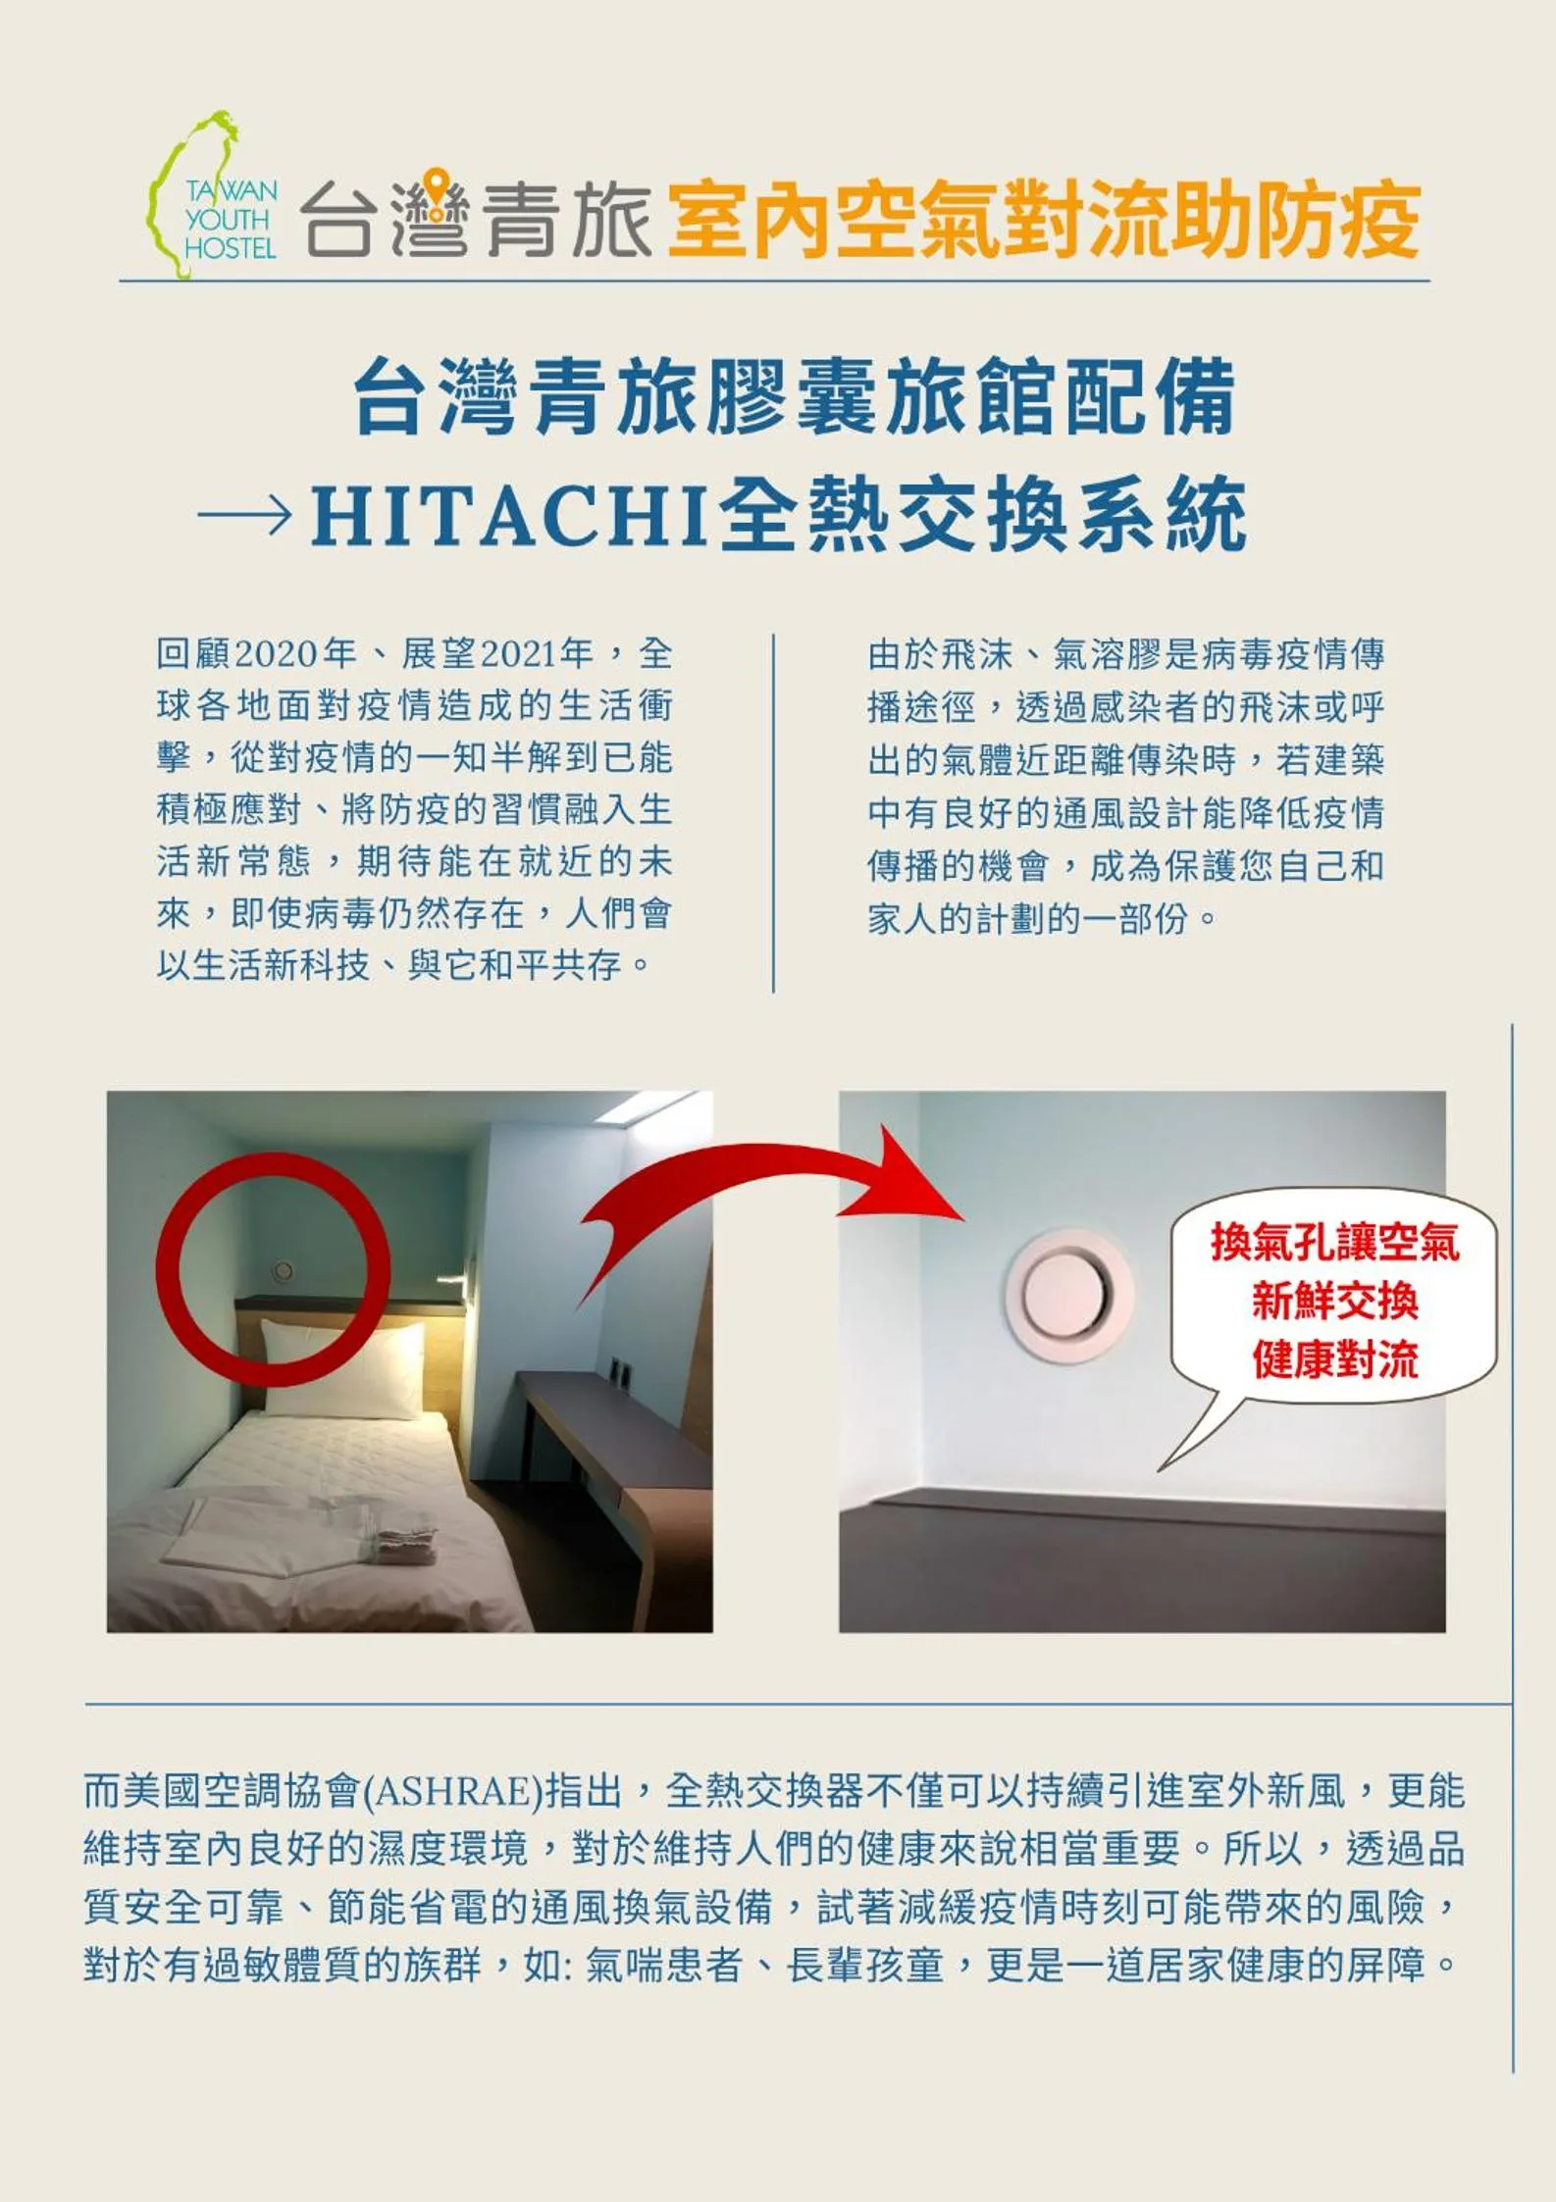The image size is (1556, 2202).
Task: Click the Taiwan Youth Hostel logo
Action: click(213, 196)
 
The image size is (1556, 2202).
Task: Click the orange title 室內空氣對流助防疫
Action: click(1044, 220)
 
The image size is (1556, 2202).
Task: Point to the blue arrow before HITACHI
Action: click(244, 514)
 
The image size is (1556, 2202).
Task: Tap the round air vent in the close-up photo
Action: click(1067, 1295)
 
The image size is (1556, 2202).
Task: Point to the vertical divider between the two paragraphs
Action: click(774, 813)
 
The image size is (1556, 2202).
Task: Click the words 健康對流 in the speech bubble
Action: click(1334, 1360)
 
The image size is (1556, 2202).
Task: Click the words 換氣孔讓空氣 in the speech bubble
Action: click(1334, 1242)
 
